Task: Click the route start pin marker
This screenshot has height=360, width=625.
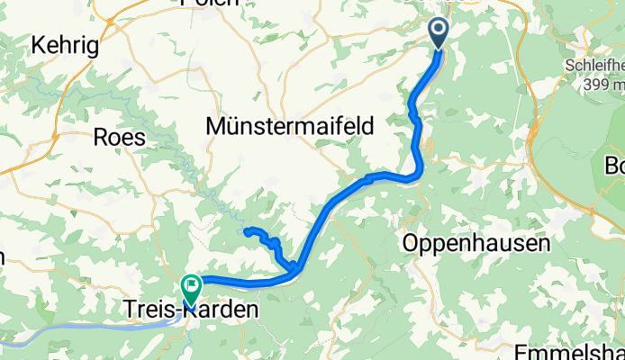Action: (439, 34)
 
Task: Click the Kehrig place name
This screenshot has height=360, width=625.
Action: (64, 45)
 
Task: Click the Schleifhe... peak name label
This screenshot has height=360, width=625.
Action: (595, 67)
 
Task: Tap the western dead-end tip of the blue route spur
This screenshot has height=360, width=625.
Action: (246, 231)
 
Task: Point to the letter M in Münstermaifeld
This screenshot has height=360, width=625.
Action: (216, 127)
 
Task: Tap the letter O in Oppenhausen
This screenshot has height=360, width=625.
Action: (411, 243)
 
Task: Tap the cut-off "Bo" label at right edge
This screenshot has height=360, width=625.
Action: (616, 167)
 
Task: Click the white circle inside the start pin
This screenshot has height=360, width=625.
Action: (439, 30)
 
